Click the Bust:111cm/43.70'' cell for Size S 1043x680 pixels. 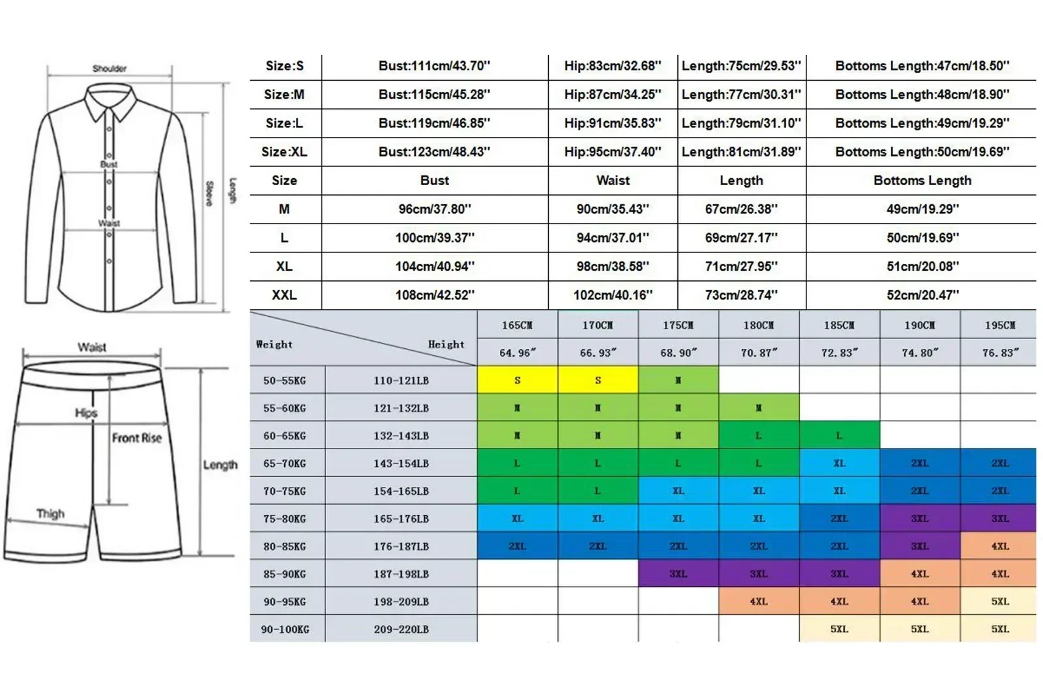click(434, 66)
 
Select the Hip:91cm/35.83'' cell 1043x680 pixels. click(612, 123)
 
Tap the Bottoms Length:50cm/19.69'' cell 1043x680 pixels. click(922, 152)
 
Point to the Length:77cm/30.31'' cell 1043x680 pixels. click(741, 95)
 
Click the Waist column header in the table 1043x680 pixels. click(613, 181)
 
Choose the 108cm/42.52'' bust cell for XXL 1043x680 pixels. click(435, 295)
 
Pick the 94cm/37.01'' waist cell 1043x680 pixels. click(612, 238)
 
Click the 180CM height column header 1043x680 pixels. click(759, 325)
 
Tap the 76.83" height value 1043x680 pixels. click(1000, 353)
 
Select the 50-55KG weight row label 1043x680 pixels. click(284, 381)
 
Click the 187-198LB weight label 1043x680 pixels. click(401, 574)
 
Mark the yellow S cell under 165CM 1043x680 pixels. click(518, 380)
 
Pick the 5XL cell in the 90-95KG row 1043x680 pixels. click(1000, 602)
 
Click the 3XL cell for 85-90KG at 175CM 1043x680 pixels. click(678, 574)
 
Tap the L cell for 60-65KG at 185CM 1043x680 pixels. click(839, 436)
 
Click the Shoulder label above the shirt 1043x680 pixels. click(110, 68)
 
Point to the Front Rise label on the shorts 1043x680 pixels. click(136, 438)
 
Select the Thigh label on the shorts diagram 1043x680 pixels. click(51, 514)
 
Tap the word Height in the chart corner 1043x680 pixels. click(446, 344)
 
